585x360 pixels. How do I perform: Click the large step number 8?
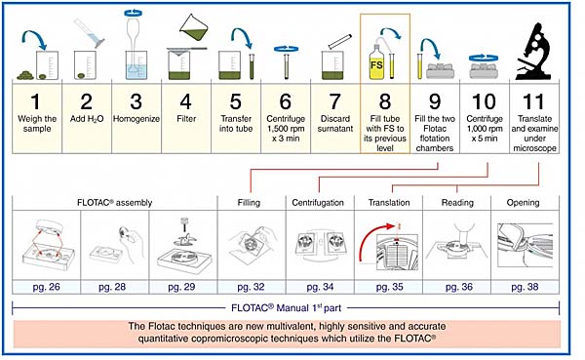[x=385, y=101]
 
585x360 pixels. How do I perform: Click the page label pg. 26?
[x=46, y=287]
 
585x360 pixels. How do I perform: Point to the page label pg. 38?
[x=525, y=287]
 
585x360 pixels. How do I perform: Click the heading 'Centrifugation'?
[x=318, y=202]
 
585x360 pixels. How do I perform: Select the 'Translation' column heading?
[x=389, y=202]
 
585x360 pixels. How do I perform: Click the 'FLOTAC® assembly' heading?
[x=114, y=202]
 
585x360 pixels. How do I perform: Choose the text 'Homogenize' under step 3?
[x=136, y=119]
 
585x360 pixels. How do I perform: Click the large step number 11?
[x=533, y=101]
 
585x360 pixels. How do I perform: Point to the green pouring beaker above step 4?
[x=194, y=28]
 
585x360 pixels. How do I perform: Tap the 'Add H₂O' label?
[x=87, y=119]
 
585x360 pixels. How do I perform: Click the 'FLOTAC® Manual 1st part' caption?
[x=286, y=308]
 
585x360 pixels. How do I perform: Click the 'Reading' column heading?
[x=457, y=202]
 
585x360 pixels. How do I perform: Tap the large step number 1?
[x=36, y=101]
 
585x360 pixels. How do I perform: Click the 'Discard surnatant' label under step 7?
[x=335, y=124]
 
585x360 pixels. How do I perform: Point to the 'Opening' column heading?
[x=523, y=203]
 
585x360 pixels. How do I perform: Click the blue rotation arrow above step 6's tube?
[x=286, y=49]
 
